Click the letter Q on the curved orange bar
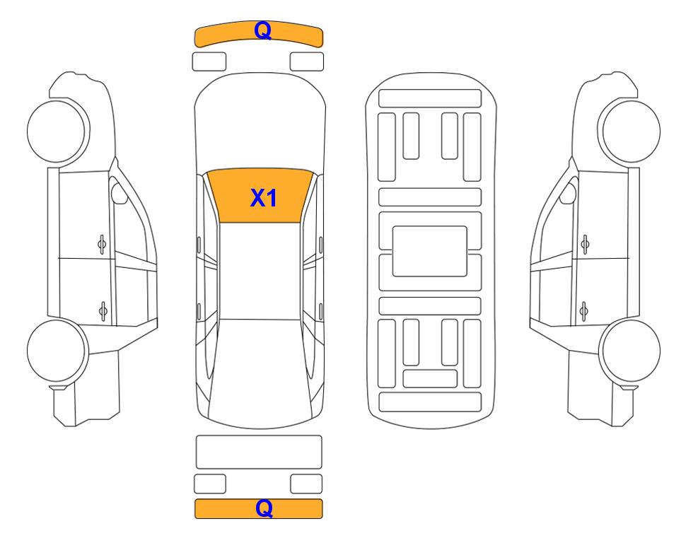tap(263, 31)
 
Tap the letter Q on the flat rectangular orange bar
tap(264, 508)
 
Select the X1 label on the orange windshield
tap(264, 198)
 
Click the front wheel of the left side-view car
tap(58, 132)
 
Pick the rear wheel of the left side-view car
tap(58, 351)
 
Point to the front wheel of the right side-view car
tap(629, 132)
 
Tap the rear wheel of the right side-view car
tap(630, 351)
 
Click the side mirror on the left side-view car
tap(119, 193)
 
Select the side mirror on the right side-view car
tap(569, 193)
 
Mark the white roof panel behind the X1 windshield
tap(260, 271)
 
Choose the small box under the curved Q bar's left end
tap(209, 62)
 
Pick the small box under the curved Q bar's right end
tap(307, 62)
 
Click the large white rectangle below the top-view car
tap(259, 452)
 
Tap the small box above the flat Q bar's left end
tap(210, 484)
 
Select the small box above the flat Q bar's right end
tap(306, 484)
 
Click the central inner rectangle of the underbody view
tap(429, 251)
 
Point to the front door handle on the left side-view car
tap(102, 245)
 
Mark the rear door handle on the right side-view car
tap(584, 311)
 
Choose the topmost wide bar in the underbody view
tap(430, 98)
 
